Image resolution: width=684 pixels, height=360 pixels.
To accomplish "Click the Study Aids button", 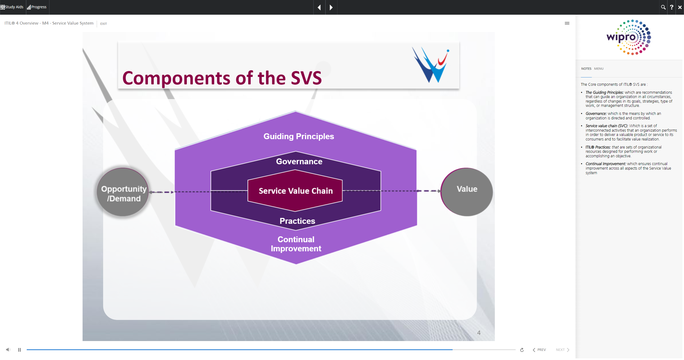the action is click(x=12, y=7).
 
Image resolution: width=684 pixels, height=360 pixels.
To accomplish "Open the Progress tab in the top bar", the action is click(x=37, y=7).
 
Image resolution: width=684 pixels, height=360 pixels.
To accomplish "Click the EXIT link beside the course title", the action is click(x=103, y=24).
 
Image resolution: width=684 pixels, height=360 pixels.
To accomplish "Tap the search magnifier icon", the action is click(x=663, y=7).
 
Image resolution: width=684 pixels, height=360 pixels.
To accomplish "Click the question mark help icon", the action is click(x=671, y=7).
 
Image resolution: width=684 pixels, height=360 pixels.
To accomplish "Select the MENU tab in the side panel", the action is click(x=599, y=69).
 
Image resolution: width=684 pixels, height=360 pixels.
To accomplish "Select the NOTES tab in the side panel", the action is click(x=586, y=69).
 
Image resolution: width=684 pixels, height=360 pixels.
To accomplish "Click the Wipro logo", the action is click(x=629, y=37).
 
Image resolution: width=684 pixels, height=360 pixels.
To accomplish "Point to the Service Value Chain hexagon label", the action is click(x=296, y=191).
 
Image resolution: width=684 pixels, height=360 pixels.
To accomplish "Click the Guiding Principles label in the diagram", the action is click(x=298, y=136).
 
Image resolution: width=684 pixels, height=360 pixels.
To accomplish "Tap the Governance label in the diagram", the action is click(x=299, y=161).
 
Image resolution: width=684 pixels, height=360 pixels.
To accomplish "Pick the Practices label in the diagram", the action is click(x=297, y=221).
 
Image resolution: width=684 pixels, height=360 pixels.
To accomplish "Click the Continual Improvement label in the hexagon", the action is click(x=296, y=244).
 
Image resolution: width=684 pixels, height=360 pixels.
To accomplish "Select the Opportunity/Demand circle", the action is click(x=123, y=192).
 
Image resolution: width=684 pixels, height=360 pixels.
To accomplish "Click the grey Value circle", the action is click(x=467, y=192).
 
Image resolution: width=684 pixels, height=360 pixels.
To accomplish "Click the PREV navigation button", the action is click(x=539, y=350).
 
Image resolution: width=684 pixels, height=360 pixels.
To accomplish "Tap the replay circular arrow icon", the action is click(x=522, y=350).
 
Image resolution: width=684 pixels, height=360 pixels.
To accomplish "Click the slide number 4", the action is click(x=479, y=333).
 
